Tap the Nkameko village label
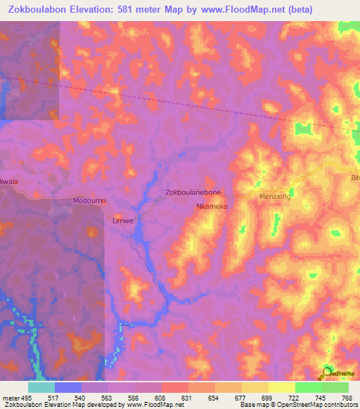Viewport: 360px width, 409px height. (x=211, y=207)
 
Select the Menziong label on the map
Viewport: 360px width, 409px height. (x=275, y=197)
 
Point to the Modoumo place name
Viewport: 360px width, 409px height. (x=89, y=200)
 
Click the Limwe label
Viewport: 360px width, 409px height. (x=123, y=220)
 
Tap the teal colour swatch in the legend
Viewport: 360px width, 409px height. (x=41, y=387)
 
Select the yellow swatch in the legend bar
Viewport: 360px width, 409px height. (x=281, y=387)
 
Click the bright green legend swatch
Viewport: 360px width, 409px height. (x=308, y=387)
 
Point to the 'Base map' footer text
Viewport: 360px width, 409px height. (x=252, y=405)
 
